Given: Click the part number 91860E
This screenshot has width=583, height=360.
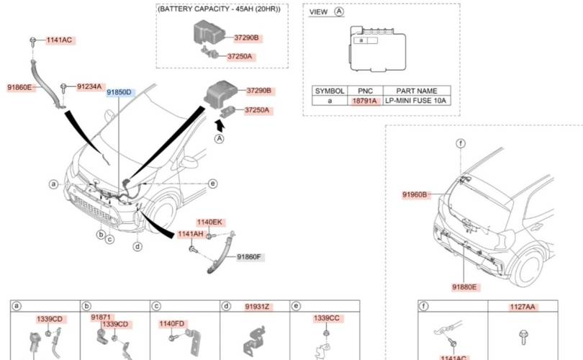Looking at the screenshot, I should [x=19, y=87].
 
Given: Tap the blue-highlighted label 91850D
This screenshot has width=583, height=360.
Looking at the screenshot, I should [x=119, y=92].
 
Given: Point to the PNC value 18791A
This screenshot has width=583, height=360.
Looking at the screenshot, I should [x=364, y=102].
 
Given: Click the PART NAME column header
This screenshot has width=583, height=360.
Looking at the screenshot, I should [x=417, y=91].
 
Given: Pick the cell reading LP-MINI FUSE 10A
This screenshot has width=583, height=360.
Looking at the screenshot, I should [x=417, y=102].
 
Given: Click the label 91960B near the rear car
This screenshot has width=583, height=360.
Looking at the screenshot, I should [x=415, y=194].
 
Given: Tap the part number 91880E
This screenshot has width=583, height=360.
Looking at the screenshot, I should [x=465, y=287].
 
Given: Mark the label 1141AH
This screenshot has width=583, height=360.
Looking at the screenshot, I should [x=189, y=235].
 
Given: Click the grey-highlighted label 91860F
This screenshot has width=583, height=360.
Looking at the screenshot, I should [x=250, y=257].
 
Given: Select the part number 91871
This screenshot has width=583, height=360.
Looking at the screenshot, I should [x=101, y=317].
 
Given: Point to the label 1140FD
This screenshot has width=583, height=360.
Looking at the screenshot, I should [x=172, y=324].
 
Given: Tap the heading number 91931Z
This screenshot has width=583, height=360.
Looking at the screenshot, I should [x=256, y=307].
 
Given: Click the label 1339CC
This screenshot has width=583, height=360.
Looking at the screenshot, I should [x=326, y=318].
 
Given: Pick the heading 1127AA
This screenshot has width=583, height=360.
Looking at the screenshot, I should [x=523, y=307].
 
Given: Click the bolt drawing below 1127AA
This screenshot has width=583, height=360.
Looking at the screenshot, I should [x=523, y=336].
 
